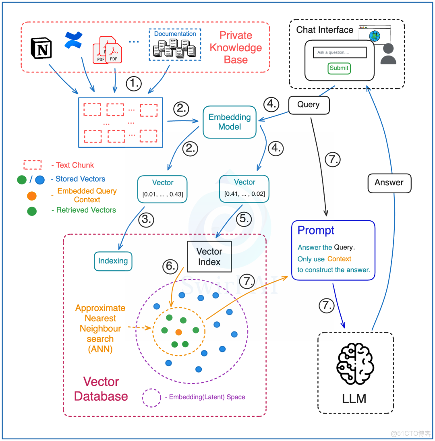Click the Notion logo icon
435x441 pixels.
tap(41, 48)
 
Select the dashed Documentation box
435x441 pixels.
tap(175, 45)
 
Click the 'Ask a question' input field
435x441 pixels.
tap(340, 52)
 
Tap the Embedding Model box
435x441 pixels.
tap(230, 122)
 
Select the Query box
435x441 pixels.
tap(309, 105)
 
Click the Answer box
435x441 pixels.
tap(389, 182)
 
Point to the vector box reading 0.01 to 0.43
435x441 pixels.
tap(162, 188)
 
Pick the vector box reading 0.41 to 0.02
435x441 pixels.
tap(244, 188)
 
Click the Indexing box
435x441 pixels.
tap(113, 261)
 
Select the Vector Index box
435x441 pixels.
tap(209, 257)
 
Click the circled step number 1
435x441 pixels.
tap(134, 84)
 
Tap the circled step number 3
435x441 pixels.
tap(147, 220)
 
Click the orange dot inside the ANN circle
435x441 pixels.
tap(179, 332)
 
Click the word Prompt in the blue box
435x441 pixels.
tap(316, 231)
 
